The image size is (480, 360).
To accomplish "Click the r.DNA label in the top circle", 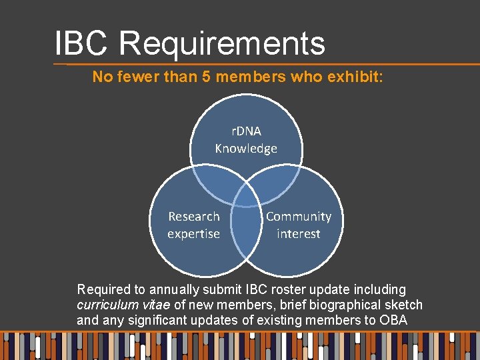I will (246, 131).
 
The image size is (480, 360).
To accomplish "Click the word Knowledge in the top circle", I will (246, 149).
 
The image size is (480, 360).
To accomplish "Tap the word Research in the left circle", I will (193, 217).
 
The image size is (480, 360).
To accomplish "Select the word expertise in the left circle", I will (193, 234).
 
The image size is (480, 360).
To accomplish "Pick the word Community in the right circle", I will (299, 217).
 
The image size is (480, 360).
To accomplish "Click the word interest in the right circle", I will (299, 234).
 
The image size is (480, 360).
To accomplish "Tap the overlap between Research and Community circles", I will (246, 230).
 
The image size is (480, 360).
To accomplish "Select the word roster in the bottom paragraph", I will (288, 290).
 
